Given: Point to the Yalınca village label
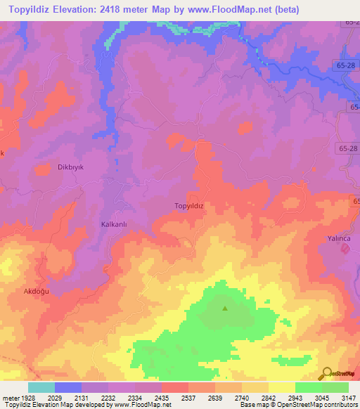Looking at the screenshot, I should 339,238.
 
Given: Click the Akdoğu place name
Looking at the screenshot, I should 36,290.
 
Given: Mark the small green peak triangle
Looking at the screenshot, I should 225,308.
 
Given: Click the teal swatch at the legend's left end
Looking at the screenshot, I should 41,387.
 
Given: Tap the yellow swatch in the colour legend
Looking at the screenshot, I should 281,387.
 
